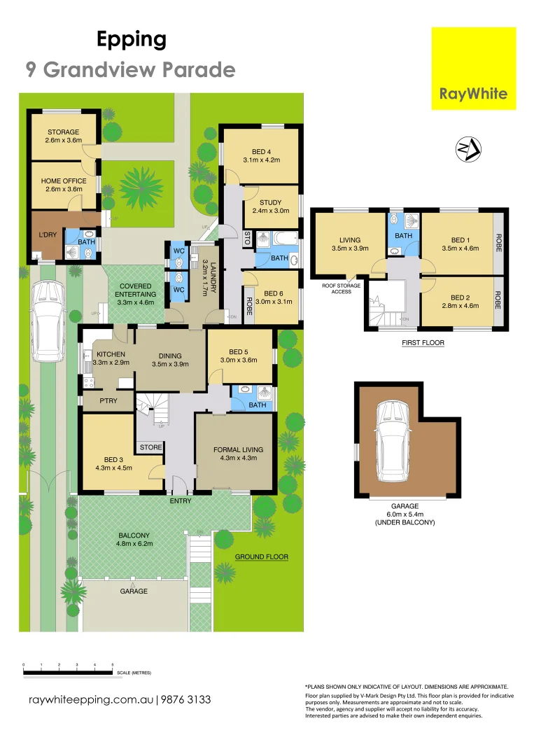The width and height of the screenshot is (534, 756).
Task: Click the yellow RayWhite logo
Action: click(x=474, y=68)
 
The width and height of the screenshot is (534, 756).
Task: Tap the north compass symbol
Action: click(x=468, y=149)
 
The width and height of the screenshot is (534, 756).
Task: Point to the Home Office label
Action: click(x=63, y=185)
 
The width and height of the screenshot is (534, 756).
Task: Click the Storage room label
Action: click(x=63, y=136)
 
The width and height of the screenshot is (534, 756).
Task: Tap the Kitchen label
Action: click(x=111, y=358)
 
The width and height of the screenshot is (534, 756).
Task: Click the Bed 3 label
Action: click(x=109, y=464)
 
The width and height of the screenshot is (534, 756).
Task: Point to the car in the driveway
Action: click(x=47, y=320)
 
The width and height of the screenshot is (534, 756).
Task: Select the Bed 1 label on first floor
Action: click(x=460, y=243)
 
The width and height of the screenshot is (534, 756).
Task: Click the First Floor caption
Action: click(x=423, y=343)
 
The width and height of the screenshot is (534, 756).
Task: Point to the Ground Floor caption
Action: click(x=261, y=556)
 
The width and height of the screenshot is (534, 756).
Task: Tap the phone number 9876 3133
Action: click(x=185, y=699)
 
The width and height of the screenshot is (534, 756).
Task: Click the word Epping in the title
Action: click(x=132, y=40)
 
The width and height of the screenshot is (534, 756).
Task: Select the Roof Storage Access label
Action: click(x=341, y=288)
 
